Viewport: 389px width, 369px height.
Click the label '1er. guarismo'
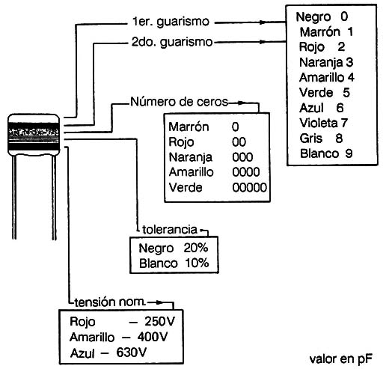[171, 22]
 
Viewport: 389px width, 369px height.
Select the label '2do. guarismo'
[172, 42]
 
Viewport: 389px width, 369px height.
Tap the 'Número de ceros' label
[179, 102]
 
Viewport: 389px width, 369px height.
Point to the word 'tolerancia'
[170, 230]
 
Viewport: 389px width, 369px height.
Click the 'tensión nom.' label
[110, 302]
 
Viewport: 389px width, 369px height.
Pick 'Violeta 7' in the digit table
[323, 123]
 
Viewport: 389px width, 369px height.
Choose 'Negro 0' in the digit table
[322, 16]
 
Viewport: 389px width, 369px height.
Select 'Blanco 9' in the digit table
[326, 153]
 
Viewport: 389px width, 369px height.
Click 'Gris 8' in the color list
[321, 138]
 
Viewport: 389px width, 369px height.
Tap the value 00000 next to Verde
[249, 188]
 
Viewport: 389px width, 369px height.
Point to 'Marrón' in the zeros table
[189, 126]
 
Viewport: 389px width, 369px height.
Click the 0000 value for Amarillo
[246, 172]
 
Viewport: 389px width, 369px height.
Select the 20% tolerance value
[196, 248]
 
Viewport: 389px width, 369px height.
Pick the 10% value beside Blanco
[197, 263]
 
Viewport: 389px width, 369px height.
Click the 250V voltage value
[159, 321]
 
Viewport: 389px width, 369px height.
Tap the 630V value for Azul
[131, 353]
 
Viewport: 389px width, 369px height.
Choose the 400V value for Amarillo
[153, 337]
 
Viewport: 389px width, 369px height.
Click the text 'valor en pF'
[340, 359]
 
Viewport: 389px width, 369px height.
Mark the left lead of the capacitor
[14, 197]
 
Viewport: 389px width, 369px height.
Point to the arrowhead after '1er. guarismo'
[263, 22]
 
